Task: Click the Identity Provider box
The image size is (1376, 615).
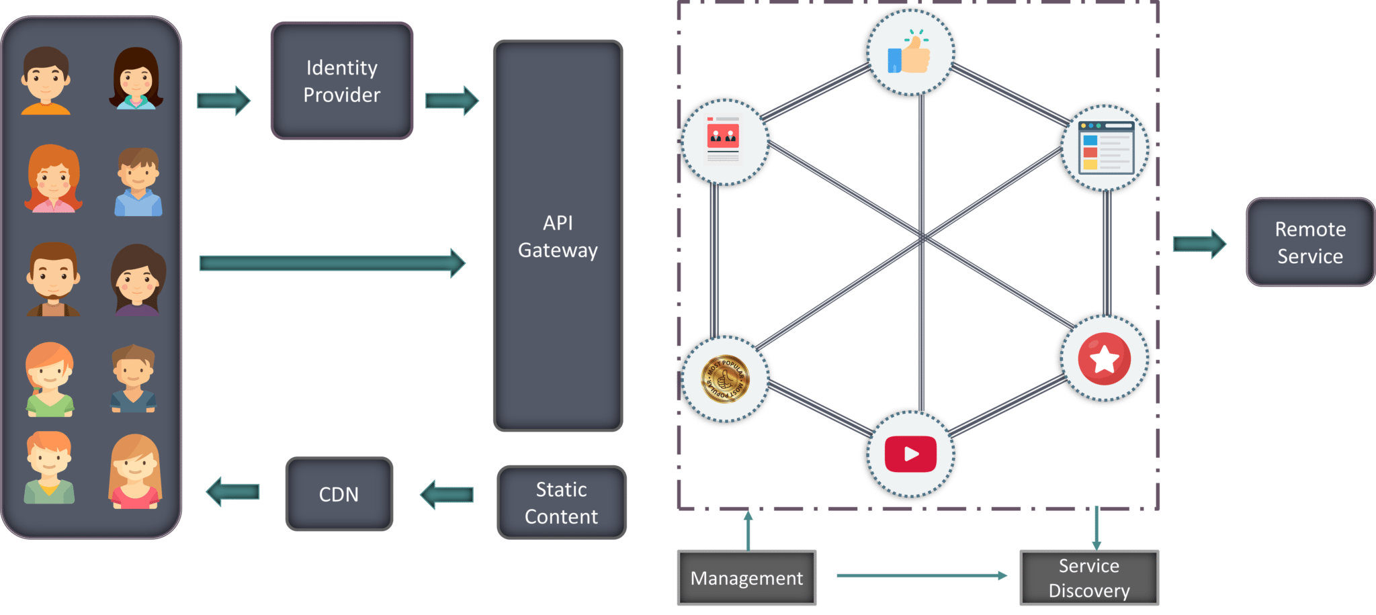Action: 341,81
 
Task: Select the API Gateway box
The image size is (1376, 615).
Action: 558,236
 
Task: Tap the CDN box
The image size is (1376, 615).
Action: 339,494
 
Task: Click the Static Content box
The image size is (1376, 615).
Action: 561,503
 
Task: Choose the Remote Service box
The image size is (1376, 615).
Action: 1309,242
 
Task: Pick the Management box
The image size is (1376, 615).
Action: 746,578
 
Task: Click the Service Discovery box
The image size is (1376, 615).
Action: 1089,578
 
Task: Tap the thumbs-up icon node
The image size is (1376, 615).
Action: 909,53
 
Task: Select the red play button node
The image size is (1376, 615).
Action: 910,455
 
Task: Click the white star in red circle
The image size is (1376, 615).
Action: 1104,359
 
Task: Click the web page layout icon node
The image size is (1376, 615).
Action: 1105,148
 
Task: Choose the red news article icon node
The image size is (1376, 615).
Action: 723,140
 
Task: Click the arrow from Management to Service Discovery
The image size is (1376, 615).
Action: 920,575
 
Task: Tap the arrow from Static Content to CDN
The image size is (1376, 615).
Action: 447,495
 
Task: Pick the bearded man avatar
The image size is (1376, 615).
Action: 54,279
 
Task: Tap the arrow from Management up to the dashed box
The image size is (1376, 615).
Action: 748,530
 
